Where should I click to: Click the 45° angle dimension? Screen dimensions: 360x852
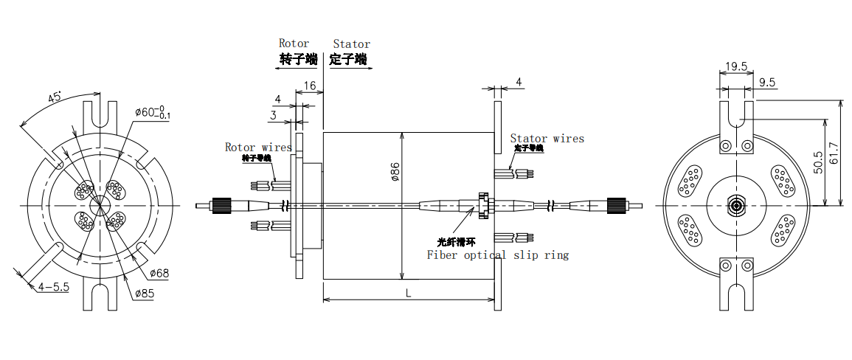[x=55, y=97]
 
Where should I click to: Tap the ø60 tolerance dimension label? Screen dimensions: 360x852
[x=153, y=113]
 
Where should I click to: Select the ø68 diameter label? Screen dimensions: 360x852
[x=159, y=274]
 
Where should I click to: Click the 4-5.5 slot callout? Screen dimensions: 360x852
[x=54, y=287]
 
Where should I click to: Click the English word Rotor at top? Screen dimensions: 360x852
[x=294, y=44]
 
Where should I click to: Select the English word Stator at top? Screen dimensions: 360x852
[x=351, y=44]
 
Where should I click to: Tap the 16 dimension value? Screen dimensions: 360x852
[x=310, y=86]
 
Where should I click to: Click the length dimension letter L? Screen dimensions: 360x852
[x=409, y=293]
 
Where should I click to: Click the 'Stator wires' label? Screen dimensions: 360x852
[x=547, y=138]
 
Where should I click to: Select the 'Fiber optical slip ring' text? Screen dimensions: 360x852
[x=498, y=255]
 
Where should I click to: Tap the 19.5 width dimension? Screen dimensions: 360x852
[x=735, y=66]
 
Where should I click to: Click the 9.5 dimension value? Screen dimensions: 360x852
[x=766, y=83]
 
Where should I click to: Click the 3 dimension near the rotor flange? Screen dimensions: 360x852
[x=273, y=115]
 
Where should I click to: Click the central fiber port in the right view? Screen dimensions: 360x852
[x=735, y=204]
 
